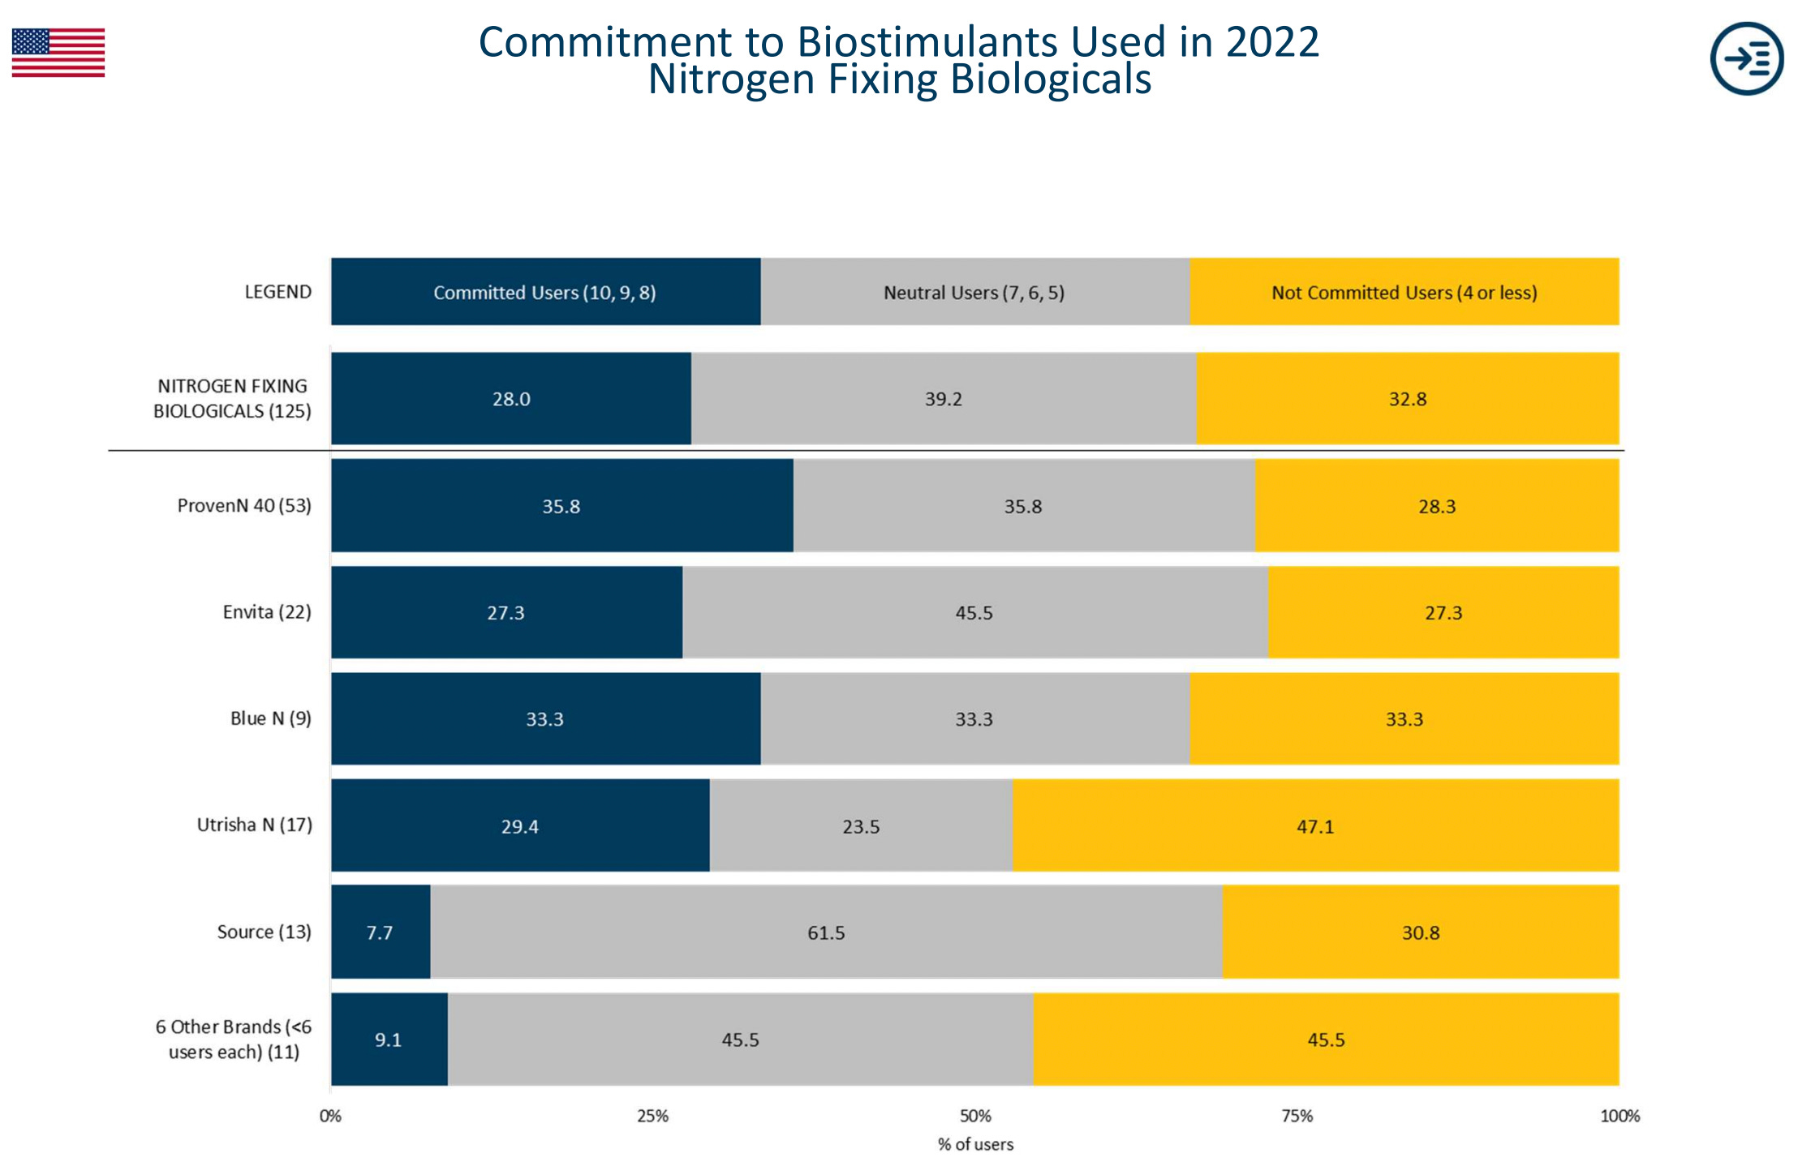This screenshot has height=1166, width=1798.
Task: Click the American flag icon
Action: click(x=58, y=53)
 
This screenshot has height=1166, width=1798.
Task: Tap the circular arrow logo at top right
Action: click(x=1746, y=58)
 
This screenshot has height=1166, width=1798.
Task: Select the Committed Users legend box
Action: click(x=545, y=292)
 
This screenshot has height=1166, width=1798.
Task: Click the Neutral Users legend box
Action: click(x=974, y=292)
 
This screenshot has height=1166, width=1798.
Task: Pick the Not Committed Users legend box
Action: click(x=1404, y=292)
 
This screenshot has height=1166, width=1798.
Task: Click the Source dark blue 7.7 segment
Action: click(x=380, y=932)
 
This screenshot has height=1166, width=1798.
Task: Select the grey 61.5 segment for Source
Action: click(x=826, y=932)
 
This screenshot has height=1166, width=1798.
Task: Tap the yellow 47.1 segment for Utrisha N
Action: click(x=1315, y=826)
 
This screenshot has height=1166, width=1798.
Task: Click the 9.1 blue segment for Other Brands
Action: click(x=389, y=1040)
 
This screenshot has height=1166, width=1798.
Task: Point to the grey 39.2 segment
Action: click(x=943, y=399)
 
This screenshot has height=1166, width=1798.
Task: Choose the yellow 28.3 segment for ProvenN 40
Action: click(x=1437, y=506)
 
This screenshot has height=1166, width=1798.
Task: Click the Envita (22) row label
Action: click(x=267, y=612)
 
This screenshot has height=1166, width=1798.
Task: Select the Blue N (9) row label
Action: click(x=270, y=718)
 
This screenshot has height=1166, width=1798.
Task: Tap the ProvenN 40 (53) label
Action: click(x=244, y=506)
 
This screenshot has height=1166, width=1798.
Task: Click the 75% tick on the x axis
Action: click(x=1297, y=1116)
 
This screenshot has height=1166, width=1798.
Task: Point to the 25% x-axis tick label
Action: click(x=652, y=1116)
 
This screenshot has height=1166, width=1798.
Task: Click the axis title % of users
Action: click(x=975, y=1144)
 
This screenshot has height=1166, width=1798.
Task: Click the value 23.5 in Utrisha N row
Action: click(x=861, y=827)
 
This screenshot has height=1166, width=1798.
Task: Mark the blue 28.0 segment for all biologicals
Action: click(x=511, y=399)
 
